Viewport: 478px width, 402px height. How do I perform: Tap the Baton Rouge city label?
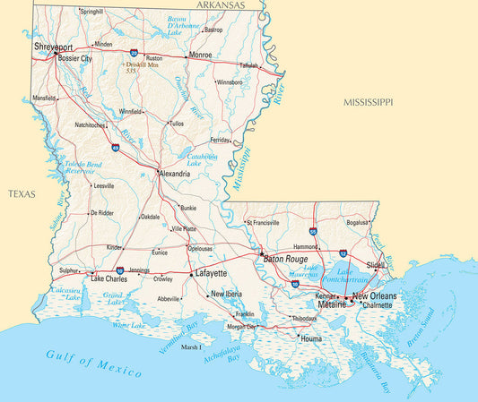[284, 260]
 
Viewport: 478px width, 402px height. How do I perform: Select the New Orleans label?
[374, 295]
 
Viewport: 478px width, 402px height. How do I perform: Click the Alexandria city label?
[175, 174]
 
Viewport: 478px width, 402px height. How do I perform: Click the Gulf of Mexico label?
[94, 364]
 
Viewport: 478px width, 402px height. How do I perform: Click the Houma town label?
[311, 339]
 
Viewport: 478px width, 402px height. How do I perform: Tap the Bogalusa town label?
[357, 221]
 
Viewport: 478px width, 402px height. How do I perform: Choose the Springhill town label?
[91, 12]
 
